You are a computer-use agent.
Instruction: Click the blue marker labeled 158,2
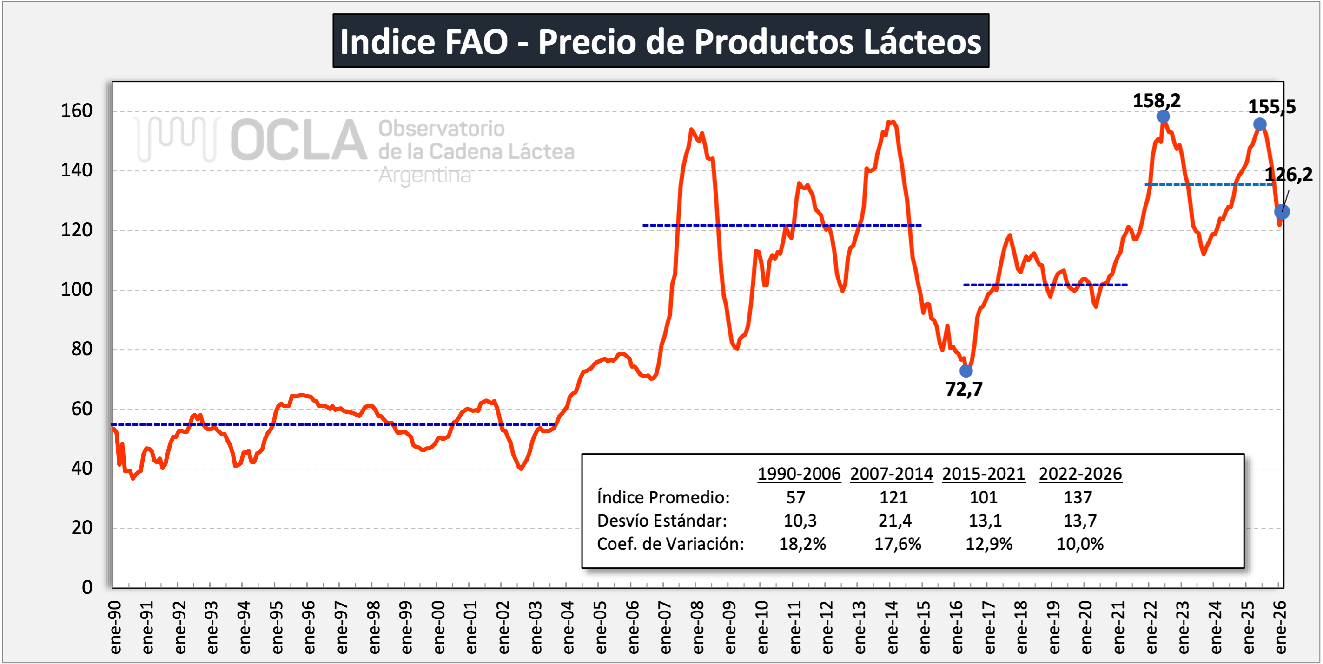tap(1163, 117)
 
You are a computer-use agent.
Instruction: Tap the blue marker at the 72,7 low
tap(966, 371)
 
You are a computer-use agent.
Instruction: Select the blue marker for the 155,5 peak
tap(1260, 124)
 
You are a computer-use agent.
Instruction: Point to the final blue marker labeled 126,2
tap(1282, 211)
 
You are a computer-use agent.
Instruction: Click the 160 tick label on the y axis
tap(77, 111)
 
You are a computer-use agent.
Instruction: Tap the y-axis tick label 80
tap(82, 349)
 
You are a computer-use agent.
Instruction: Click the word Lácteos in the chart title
tap(922, 42)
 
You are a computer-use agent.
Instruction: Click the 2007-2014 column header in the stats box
tap(891, 474)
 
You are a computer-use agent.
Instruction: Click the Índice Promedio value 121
tap(893, 497)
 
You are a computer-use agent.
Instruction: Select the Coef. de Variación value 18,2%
tap(802, 544)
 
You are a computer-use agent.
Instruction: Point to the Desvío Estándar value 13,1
tap(985, 521)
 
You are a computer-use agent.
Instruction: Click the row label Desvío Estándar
tap(661, 521)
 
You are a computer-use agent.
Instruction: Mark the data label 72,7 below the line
tap(964, 390)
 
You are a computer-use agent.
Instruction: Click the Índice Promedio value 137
tap(1078, 497)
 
